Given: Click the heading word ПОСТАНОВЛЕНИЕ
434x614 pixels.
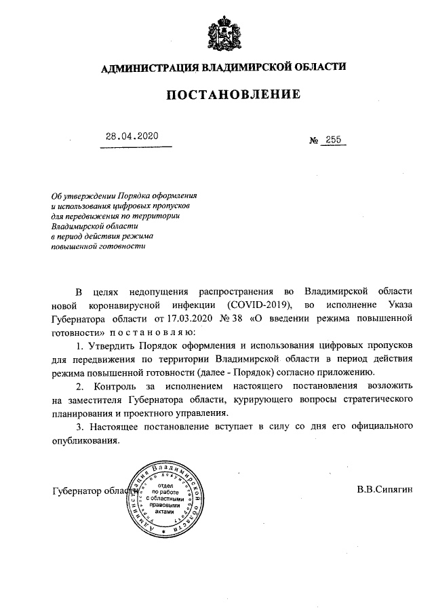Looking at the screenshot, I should (x=233, y=96).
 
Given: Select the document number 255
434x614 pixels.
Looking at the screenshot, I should (x=334, y=140).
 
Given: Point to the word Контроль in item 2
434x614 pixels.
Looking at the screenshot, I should (x=112, y=386).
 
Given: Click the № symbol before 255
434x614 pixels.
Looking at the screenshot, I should (x=314, y=141).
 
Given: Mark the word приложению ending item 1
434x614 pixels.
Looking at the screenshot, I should (x=339, y=372).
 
